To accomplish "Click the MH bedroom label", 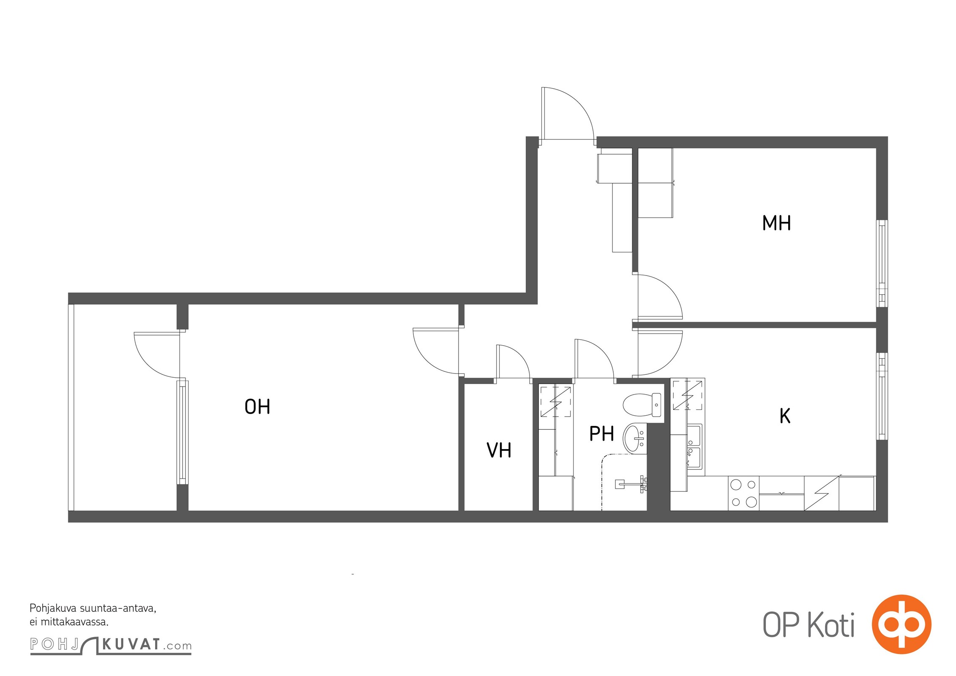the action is click(x=776, y=223).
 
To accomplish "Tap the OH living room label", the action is click(x=257, y=406).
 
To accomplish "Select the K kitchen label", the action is click(x=785, y=416).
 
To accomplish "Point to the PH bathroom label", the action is click(x=601, y=434).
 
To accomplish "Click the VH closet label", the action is click(x=499, y=450).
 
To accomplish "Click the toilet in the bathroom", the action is click(x=642, y=405).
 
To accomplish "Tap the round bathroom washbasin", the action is click(x=636, y=438).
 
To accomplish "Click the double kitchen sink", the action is click(x=694, y=447).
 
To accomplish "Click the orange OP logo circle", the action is click(x=901, y=624).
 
